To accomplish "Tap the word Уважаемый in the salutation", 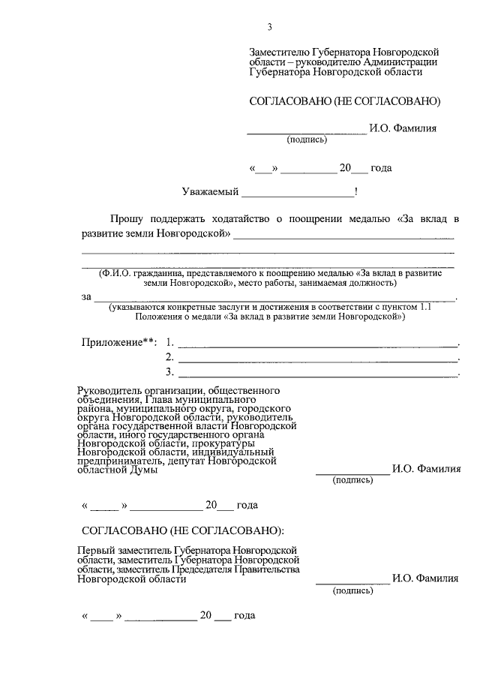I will click(209, 191).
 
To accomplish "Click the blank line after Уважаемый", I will click(297, 193).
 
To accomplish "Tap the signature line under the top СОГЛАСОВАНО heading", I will click(307, 131).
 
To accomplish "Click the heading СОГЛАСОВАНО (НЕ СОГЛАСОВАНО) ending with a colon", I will click(183, 531).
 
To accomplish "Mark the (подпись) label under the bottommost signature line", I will click(352, 591).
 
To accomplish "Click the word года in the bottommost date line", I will click(244, 616).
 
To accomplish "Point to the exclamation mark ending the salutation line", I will click(356, 191).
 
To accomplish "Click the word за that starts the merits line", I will click(86, 297).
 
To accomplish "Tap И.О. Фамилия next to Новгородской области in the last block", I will click(426, 579).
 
